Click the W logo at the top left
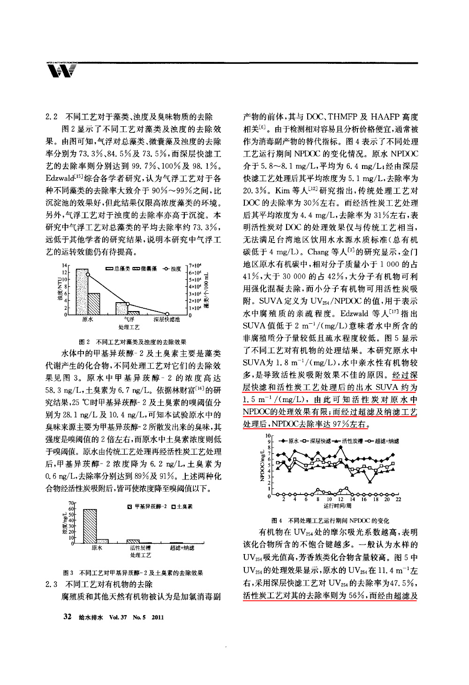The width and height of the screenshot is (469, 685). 61,71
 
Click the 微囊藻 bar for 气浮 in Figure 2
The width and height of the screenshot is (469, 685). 134,312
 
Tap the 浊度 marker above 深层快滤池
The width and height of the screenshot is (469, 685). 167,314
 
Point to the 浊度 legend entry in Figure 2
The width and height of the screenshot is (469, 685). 172,269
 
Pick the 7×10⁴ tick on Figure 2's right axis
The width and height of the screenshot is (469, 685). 195,266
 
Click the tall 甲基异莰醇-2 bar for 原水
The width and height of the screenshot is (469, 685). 90,526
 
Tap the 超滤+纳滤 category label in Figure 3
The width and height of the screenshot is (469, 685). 182,548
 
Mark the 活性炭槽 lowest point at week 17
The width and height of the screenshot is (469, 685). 370,482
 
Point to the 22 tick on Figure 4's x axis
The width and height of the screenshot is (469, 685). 398,500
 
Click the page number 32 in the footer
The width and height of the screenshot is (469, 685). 67,616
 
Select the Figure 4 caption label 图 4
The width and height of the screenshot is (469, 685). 277,520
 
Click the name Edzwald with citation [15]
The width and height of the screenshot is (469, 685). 60,179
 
